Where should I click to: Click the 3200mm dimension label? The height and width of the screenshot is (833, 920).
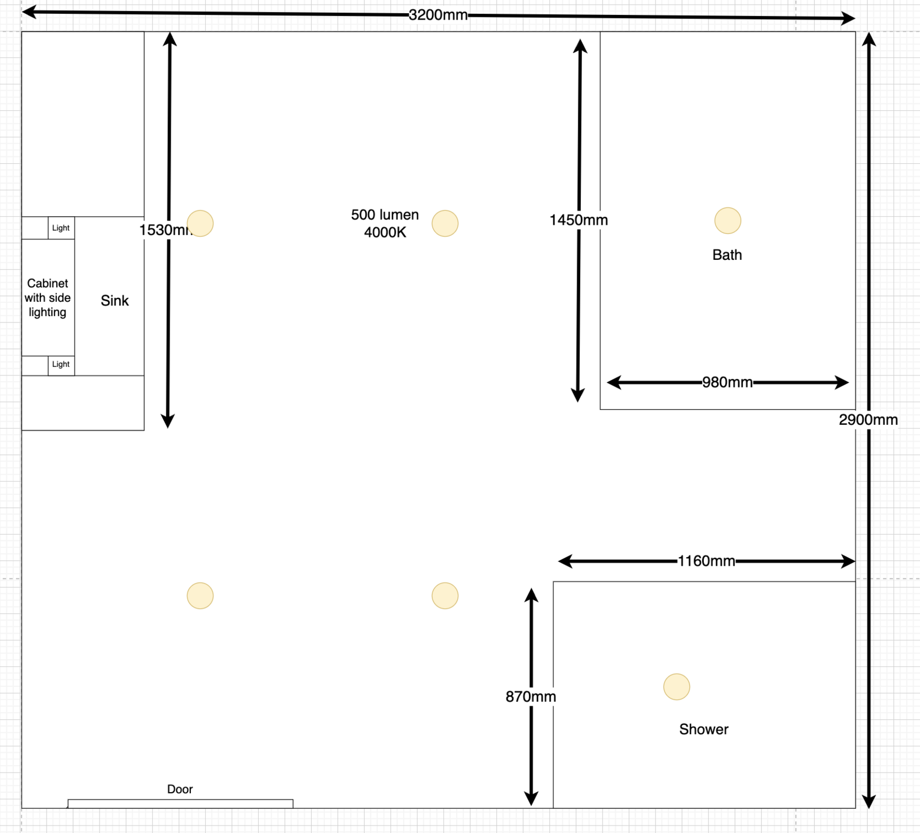coord(438,15)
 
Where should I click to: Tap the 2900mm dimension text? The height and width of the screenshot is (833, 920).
coord(868,420)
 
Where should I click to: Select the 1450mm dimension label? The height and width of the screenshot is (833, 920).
coord(578,220)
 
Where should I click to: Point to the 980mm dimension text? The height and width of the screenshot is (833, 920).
coord(727,382)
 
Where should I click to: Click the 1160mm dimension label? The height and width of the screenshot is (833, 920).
coord(706,561)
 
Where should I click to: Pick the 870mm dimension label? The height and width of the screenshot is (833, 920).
coord(531,697)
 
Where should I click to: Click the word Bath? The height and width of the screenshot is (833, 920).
coord(727,255)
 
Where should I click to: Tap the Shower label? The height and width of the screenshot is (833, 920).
coord(703,730)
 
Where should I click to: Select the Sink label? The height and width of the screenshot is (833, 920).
coord(114,301)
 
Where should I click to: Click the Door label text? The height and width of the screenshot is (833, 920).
coord(179,789)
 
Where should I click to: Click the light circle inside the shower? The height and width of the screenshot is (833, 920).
coord(676,687)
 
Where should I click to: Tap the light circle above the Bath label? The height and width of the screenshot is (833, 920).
coord(727,221)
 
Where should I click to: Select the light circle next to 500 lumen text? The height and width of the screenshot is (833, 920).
coord(444,224)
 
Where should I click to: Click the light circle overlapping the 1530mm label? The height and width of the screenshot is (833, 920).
coord(201,224)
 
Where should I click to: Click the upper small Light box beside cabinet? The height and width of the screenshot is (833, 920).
coord(61,228)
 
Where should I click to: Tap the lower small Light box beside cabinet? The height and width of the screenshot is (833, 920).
coord(61,364)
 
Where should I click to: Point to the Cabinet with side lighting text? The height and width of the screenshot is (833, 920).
coord(48,298)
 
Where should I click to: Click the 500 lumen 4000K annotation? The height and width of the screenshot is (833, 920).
coord(385,224)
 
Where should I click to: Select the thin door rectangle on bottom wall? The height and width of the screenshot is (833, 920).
coord(180,804)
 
